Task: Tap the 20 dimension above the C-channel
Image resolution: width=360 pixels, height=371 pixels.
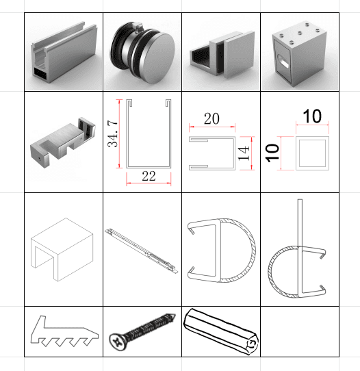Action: (x=211, y=118)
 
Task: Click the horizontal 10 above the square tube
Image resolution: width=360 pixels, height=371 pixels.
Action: (x=312, y=116)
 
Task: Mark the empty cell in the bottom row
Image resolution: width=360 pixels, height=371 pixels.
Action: (x=300, y=331)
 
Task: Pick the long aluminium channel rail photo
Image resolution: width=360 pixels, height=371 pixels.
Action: (x=63, y=53)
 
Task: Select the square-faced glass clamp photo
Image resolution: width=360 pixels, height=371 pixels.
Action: (x=220, y=53)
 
